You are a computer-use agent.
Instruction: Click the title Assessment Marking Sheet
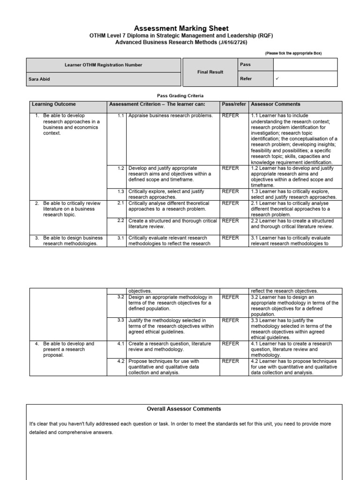coord(181,29)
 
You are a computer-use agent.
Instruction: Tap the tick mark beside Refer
coord(277,79)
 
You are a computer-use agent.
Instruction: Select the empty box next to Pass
coord(305,64)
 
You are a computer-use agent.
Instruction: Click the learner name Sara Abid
coord(39,79)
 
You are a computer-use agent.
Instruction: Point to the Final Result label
coord(210,72)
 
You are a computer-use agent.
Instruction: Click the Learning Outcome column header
coord(53,104)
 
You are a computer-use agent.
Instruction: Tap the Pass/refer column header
coord(234,104)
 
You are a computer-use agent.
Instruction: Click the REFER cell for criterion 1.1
coord(230,115)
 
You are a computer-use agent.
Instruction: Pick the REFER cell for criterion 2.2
coord(230,221)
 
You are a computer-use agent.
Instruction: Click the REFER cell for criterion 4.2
coord(230,361)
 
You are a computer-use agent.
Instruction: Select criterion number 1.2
coord(121,168)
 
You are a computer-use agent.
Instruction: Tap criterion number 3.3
coord(121,320)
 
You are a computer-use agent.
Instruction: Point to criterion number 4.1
coord(121,344)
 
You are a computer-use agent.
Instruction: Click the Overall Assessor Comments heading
coord(184,409)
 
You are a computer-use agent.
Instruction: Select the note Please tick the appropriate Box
coord(293,53)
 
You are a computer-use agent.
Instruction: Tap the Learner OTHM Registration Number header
coord(103,65)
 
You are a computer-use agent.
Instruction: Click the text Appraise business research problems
coord(170,115)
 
